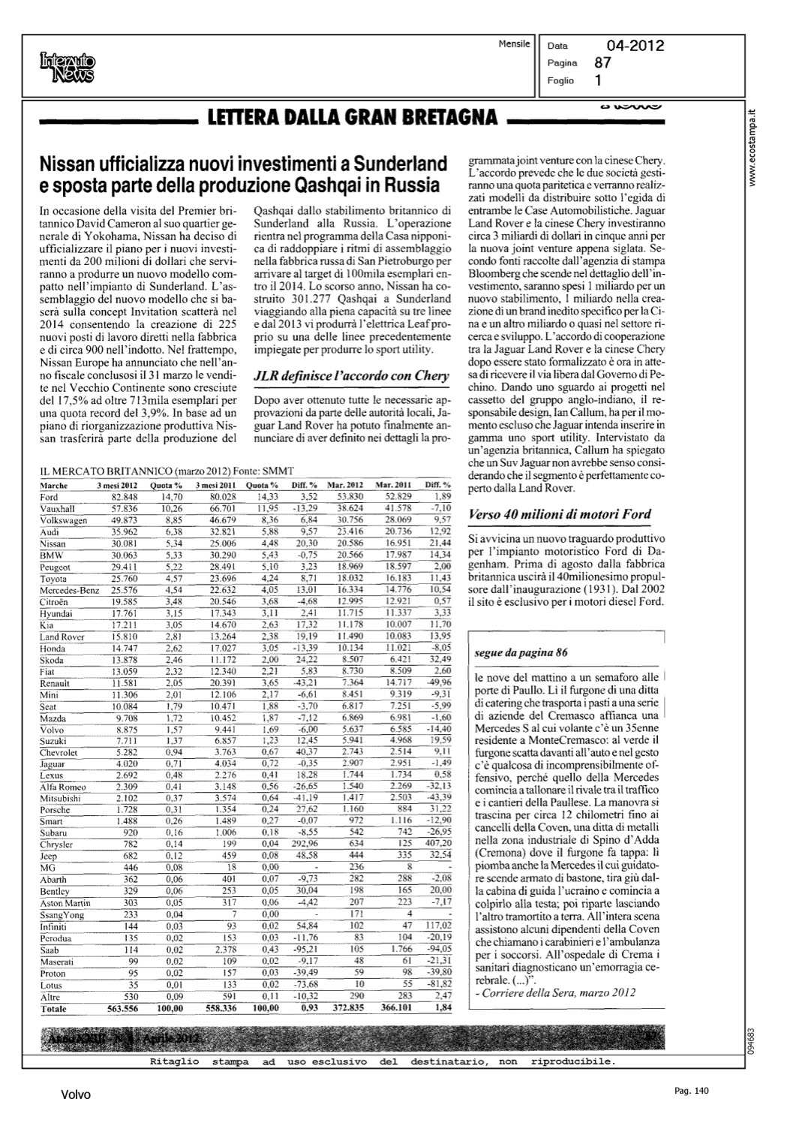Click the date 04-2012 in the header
635,47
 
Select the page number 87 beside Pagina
602,64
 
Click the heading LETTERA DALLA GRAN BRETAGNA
347,117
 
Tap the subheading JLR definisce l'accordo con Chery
351,375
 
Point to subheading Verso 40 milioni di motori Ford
559,514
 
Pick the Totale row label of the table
53,1009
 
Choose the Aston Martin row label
65,903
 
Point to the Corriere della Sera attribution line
556,992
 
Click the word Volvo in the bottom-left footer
76,1095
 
